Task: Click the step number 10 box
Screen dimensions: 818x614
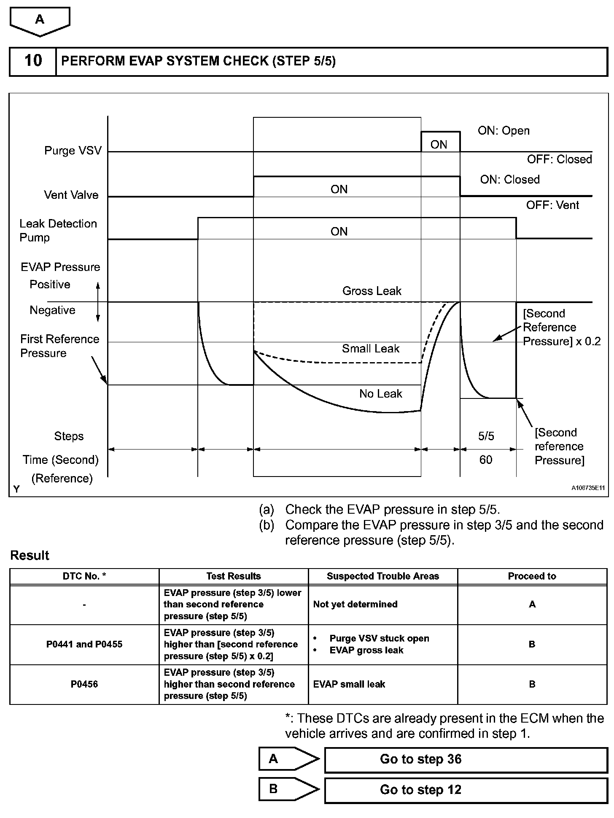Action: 33,61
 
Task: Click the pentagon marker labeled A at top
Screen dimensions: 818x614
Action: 40,20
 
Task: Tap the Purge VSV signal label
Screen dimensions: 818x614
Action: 73,151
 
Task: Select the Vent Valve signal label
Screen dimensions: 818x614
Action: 71,195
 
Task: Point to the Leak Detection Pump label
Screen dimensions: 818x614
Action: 58,230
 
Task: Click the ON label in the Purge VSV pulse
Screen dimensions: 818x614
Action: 439,145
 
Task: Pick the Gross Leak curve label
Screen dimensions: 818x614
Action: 372,291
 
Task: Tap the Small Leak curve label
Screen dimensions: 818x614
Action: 370,349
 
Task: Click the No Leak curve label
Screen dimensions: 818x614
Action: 380,394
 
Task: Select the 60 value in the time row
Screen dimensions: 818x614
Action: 486,460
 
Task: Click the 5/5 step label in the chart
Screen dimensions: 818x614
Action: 486,436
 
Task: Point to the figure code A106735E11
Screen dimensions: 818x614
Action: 588,488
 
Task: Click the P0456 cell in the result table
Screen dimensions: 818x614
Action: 84,684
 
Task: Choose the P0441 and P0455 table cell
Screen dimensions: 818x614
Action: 84,644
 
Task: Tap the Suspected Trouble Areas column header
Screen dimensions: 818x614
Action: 383,576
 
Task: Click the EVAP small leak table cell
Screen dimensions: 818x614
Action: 349,684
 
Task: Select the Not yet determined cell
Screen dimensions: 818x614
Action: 355,604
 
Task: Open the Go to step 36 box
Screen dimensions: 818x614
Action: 466,759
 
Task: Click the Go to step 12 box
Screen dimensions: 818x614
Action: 466,790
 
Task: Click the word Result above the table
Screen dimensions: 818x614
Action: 30,555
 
